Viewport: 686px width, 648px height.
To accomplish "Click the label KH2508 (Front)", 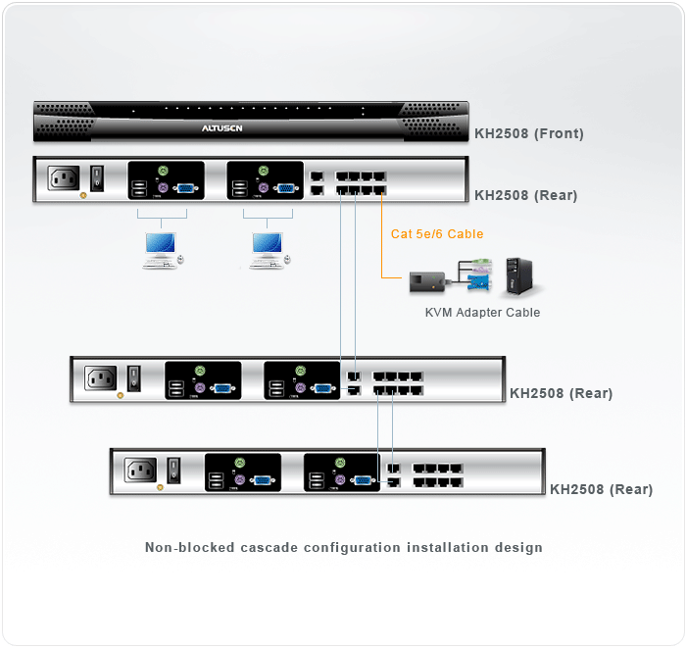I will [x=529, y=133].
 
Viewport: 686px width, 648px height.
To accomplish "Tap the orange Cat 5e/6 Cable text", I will [x=437, y=233].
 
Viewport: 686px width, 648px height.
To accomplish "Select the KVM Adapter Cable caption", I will [x=482, y=313].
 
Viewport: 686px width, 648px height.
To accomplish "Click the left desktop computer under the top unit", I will [x=162, y=249].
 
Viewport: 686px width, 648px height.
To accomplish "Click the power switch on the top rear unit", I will [x=97, y=178].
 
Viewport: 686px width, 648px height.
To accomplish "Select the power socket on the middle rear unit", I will [x=102, y=378].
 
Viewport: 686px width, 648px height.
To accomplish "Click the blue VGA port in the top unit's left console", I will [x=185, y=189].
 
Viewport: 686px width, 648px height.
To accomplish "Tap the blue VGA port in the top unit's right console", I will [x=285, y=189].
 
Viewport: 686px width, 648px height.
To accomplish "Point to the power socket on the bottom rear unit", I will [x=141, y=470].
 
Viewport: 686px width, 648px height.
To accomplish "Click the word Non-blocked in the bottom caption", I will [x=189, y=547].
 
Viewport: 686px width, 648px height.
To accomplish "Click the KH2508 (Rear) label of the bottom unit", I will [x=601, y=489].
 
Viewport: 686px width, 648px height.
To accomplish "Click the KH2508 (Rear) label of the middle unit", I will [x=561, y=393].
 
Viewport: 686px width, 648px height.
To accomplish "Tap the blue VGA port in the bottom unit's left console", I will [x=263, y=479].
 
